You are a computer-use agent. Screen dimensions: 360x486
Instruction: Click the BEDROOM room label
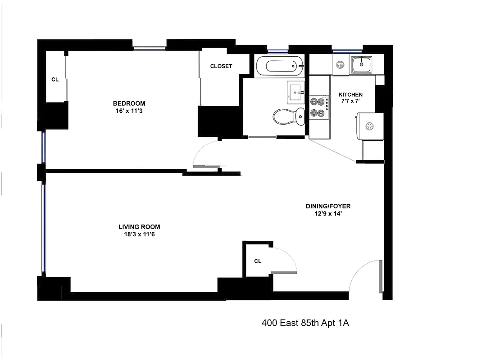point(129,103)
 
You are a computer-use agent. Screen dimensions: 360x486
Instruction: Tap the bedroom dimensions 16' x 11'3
point(129,111)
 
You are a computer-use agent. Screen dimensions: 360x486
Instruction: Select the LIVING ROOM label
point(139,227)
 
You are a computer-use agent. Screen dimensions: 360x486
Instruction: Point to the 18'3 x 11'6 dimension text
point(139,234)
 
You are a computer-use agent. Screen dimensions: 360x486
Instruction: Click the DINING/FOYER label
point(328,207)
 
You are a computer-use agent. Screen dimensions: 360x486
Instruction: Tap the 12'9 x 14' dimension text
point(328,214)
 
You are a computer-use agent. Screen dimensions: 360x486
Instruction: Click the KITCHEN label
point(350,94)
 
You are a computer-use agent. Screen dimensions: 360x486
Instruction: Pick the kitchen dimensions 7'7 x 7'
point(350,102)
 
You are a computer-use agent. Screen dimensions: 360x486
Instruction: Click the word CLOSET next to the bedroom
point(221,66)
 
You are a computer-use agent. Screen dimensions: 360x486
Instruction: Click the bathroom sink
point(296,92)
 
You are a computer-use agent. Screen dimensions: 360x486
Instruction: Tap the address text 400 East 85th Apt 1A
point(305,323)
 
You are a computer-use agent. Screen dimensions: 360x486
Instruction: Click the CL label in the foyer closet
point(258,261)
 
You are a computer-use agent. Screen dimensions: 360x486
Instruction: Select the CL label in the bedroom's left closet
point(55,80)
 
